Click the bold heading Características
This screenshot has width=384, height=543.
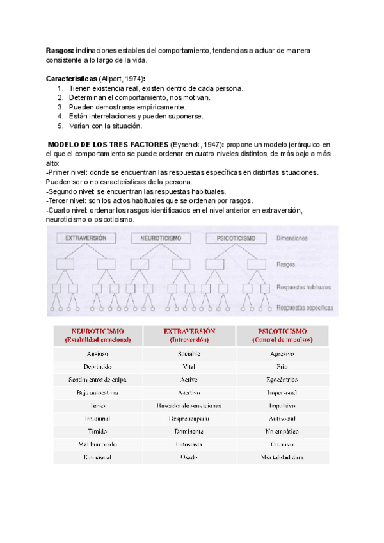[72, 79]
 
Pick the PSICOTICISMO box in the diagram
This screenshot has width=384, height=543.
[235, 238]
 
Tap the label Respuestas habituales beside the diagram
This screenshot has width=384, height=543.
[304, 289]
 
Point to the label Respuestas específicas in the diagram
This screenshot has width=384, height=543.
[305, 308]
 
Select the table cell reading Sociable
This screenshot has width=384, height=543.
[190, 353]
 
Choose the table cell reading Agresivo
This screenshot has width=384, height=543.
[282, 353]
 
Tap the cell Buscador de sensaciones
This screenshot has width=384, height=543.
[189, 406]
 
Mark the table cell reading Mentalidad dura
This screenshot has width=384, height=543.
[282, 457]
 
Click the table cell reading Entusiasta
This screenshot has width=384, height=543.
[189, 444]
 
